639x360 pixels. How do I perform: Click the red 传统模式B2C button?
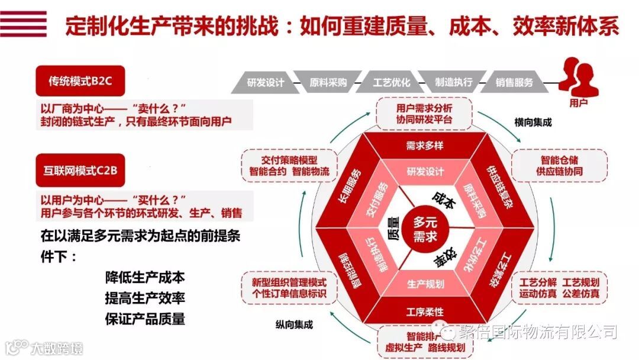81,82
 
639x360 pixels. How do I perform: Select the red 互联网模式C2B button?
81,171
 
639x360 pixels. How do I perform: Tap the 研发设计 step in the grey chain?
266,82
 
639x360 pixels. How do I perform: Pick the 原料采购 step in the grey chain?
328,82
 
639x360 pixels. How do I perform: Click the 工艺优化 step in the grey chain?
391,82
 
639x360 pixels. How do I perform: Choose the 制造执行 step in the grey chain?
454,82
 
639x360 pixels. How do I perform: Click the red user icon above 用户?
577,76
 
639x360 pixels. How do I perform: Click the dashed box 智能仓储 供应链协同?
559,166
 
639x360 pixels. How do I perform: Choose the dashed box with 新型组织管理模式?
289,288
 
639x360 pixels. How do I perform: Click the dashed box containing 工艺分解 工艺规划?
559,288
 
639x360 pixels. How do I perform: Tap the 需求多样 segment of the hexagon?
425,146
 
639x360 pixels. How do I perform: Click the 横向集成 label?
532,123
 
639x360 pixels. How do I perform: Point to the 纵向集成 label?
294,324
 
